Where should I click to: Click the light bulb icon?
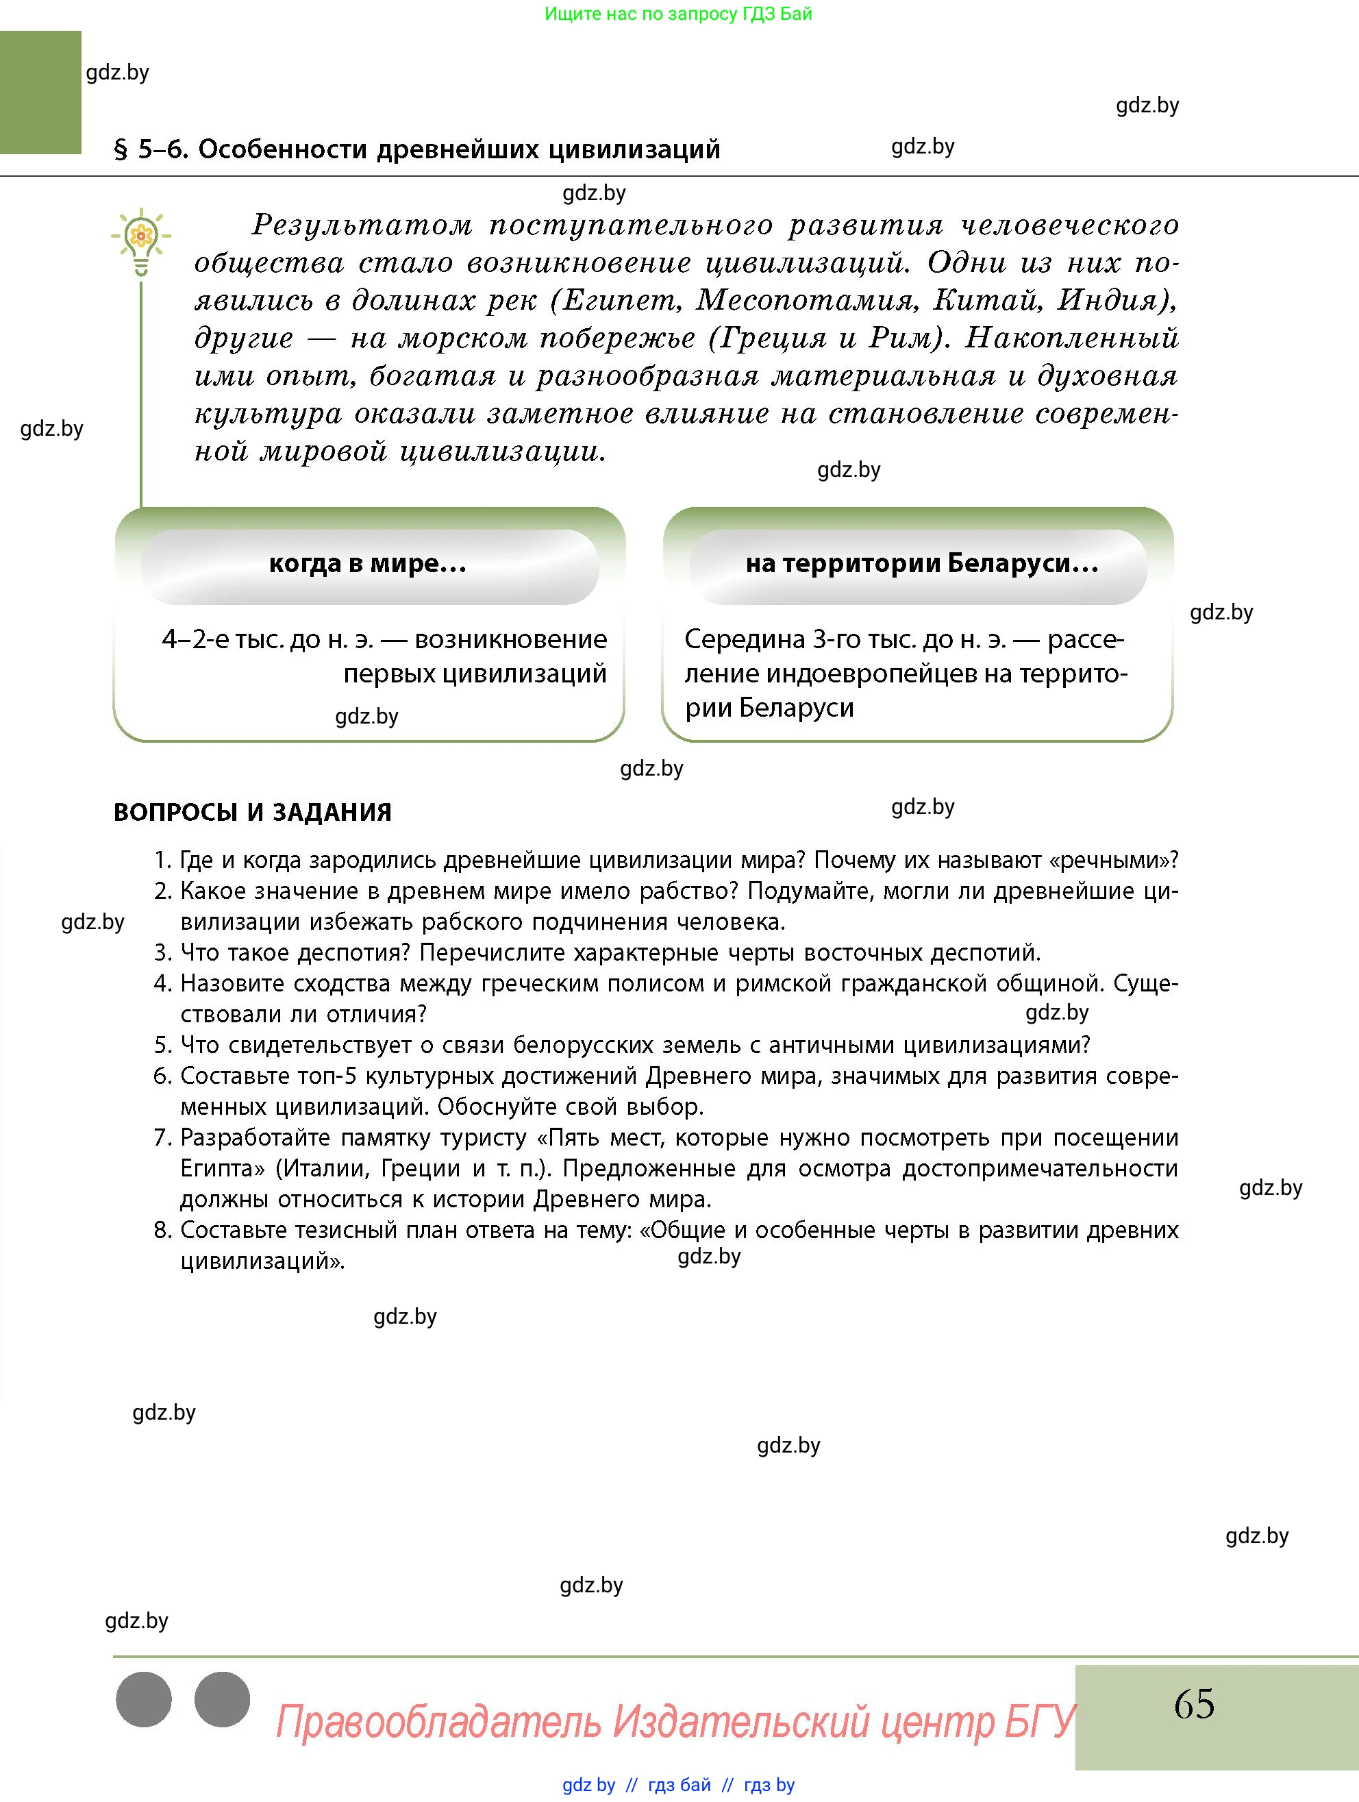coord(141,241)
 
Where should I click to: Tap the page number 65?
coord(1194,1703)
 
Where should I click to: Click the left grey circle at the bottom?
coord(144,1699)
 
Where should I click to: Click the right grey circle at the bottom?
coord(223,1699)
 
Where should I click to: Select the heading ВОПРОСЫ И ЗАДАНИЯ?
coord(253,812)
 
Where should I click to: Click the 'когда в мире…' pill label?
coord(368,564)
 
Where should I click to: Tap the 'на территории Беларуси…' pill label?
coord(922,564)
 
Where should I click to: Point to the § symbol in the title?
coord(121,150)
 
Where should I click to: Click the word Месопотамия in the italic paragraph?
coord(807,301)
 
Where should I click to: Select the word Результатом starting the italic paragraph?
coord(362,225)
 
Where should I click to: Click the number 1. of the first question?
coord(163,861)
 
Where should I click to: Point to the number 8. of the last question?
coord(163,1230)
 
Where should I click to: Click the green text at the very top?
coord(677,14)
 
